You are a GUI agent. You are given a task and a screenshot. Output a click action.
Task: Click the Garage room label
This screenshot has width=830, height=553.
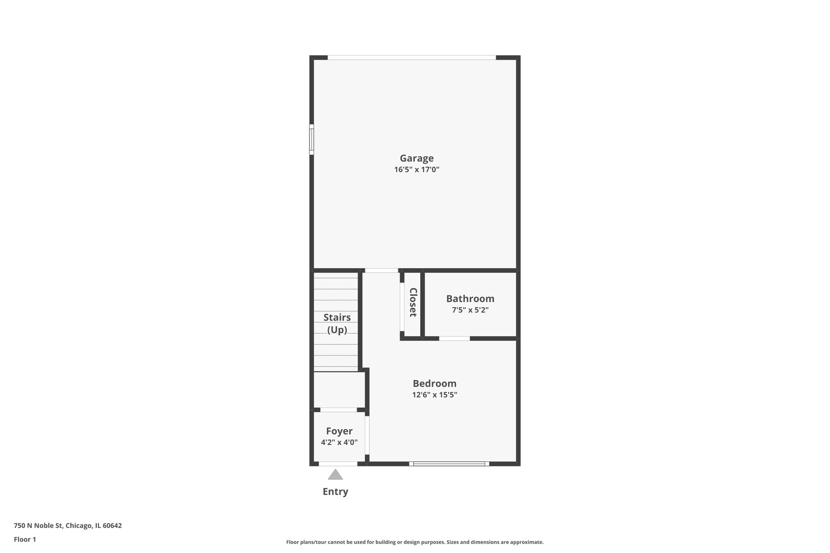pos(417,158)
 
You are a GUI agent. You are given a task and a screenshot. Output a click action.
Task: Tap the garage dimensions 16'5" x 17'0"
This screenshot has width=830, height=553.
pos(417,169)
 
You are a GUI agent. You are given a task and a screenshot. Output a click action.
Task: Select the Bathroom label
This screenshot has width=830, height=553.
pos(470,299)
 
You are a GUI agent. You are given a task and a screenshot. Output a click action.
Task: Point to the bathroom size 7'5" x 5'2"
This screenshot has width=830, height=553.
pos(470,310)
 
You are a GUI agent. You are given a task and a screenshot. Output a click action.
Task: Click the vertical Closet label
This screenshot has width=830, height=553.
pos(413,303)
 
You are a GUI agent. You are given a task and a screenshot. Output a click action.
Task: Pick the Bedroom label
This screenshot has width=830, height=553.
pos(434,384)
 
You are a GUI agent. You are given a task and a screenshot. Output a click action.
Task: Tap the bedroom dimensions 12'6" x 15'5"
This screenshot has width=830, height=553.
pos(434,395)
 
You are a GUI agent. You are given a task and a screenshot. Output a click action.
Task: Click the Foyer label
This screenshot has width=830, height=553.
pos(339,431)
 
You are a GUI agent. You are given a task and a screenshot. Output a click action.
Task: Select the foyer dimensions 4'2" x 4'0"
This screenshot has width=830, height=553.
pos(339,442)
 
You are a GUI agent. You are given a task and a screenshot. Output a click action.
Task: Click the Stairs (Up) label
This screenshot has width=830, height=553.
pos(337,324)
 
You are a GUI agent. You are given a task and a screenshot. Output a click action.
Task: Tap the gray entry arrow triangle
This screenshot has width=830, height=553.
pos(335,475)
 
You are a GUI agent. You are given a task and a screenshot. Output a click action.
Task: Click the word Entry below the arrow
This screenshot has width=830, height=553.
pos(335,492)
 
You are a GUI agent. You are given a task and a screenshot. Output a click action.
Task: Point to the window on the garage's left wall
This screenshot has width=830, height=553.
pos(312,139)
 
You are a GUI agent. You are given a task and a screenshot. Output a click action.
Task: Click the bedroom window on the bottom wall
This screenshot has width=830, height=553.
pos(449,464)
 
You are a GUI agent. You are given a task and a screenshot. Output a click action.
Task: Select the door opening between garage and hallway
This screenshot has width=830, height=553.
pos(381,270)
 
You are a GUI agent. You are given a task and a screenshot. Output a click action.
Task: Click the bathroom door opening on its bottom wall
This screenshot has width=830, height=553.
pos(454,338)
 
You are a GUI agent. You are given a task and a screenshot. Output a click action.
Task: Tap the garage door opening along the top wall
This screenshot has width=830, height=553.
pos(411,58)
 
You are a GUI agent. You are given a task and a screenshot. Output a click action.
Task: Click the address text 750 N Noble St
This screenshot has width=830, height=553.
pos(68,525)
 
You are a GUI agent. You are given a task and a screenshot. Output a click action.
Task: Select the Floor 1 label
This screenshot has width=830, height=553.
pos(25,539)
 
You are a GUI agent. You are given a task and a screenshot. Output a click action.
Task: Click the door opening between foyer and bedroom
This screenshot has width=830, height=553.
pos(367,435)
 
